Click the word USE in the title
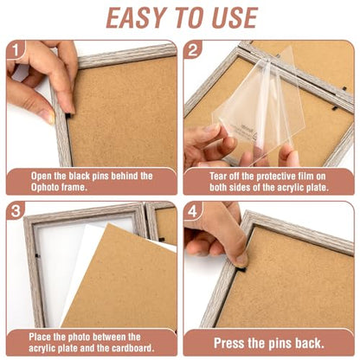pos(235,17)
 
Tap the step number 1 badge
pos(16,51)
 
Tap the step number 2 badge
pos(193,50)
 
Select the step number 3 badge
pos(16,211)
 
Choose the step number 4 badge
pos(193,211)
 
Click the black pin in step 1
pos(68,116)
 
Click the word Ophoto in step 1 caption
pos(46,188)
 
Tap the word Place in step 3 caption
pos(40,337)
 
